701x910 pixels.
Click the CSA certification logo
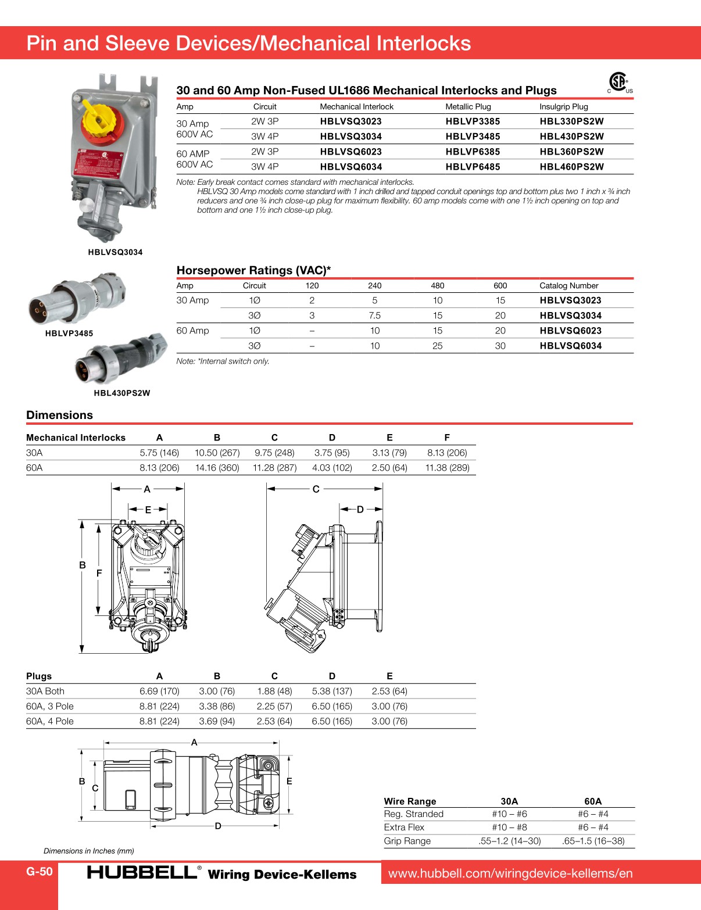[x=620, y=82]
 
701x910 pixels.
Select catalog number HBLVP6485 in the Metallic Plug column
[x=473, y=167]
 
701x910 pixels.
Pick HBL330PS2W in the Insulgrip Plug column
[x=571, y=121]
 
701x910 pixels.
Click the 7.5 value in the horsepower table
[x=374, y=316]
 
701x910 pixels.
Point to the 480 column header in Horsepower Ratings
[x=437, y=285]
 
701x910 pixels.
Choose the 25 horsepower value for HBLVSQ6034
[x=437, y=346]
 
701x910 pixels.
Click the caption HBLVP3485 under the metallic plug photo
[x=69, y=334]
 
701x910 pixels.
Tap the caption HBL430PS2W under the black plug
[x=122, y=393]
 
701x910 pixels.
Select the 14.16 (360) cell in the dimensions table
[x=217, y=468]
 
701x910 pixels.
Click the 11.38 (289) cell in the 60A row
[x=447, y=468]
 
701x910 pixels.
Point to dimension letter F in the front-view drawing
[x=99, y=573]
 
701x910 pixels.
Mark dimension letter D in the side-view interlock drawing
[x=360, y=509]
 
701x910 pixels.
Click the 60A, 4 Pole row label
[x=50, y=721]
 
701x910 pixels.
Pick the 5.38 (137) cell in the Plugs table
[x=332, y=691]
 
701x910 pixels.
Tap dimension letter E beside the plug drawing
[x=289, y=781]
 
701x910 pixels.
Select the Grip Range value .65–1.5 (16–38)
[x=593, y=841]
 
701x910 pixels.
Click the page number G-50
[x=39, y=871]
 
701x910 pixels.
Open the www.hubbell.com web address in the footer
[x=510, y=873]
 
